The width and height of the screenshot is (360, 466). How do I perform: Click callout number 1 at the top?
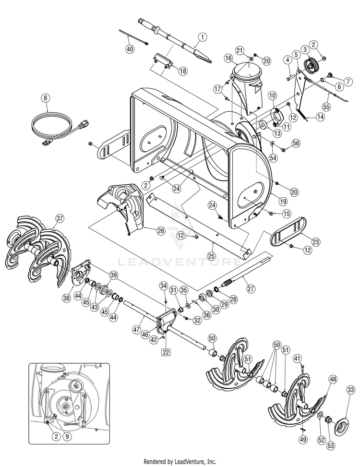tap(202, 36)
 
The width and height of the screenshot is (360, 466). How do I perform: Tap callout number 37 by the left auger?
tap(59, 218)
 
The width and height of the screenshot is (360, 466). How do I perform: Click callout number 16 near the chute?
tap(228, 58)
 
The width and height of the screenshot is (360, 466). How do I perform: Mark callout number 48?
tap(333, 379)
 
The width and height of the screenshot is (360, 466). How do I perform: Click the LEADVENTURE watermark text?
tap(180, 263)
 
